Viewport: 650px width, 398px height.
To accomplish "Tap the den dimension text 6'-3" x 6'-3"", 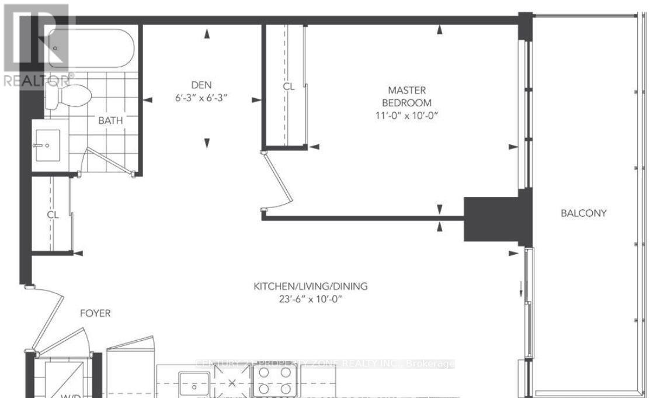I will point(200,99).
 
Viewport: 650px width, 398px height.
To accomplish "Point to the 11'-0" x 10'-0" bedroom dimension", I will point(407,115).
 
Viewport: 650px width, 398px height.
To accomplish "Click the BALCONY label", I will point(583,213).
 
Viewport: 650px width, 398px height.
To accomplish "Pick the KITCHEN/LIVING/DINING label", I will point(310,286).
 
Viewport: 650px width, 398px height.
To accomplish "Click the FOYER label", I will point(95,313).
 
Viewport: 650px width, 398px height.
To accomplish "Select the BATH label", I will point(110,120).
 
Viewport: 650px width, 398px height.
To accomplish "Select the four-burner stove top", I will point(273,381).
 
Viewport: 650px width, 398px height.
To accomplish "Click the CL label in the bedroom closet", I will point(288,86).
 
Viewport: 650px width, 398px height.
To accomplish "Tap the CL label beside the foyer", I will point(53,214).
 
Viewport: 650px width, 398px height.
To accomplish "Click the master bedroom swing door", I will point(276,178).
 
